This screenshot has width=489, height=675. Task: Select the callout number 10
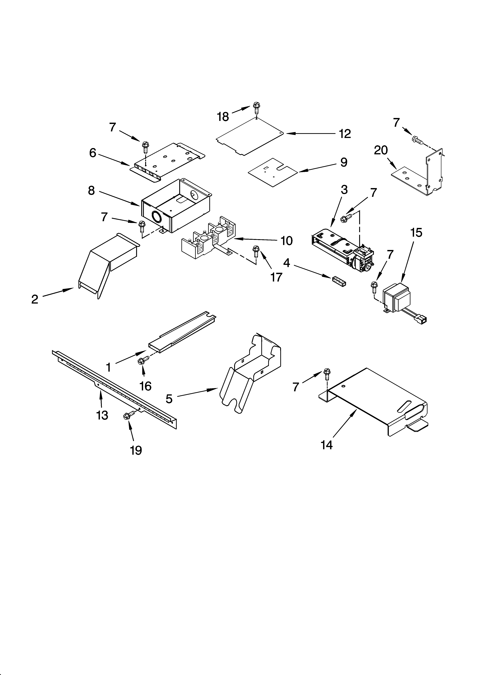click(286, 240)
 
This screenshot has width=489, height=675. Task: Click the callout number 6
click(93, 153)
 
